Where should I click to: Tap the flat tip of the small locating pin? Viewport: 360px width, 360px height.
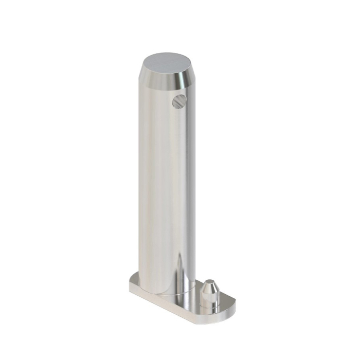(x=209, y=282)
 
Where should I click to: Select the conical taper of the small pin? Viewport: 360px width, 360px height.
(x=209, y=288)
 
